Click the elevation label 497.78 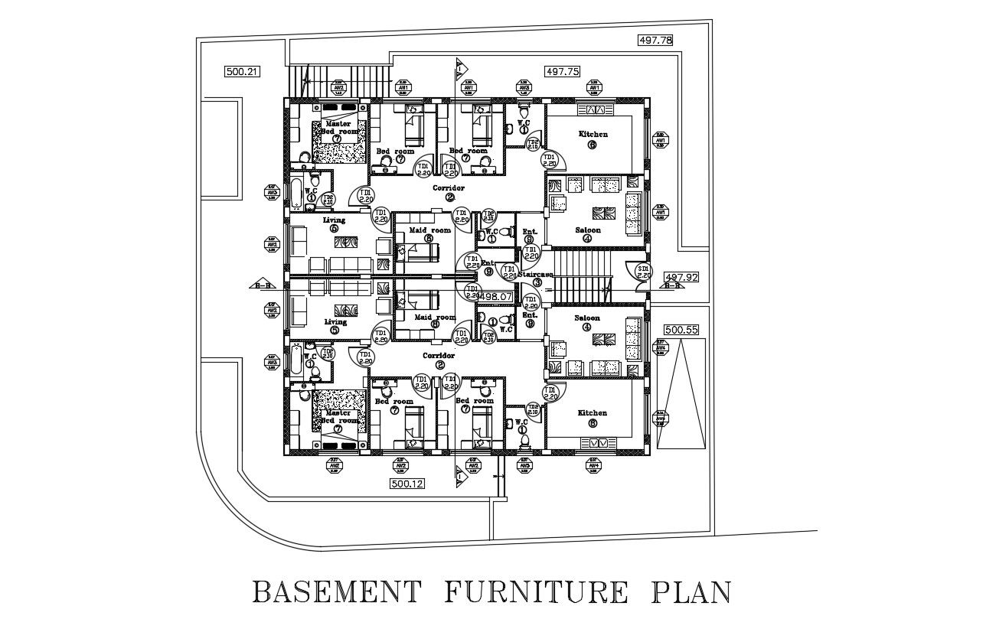[655, 41]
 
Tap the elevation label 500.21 [242, 72]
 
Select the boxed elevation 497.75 [562, 71]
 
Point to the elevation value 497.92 [681, 278]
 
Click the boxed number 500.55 [681, 330]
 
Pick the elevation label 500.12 [408, 484]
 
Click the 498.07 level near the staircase [498, 295]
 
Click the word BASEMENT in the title [338, 593]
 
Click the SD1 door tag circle [643, 272]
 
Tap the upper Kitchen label [593, 135]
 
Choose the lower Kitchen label [593, 413]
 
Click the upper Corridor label [449, 187]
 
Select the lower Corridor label [439, 356]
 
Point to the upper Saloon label [588, 230]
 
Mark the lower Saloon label [587, 318]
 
